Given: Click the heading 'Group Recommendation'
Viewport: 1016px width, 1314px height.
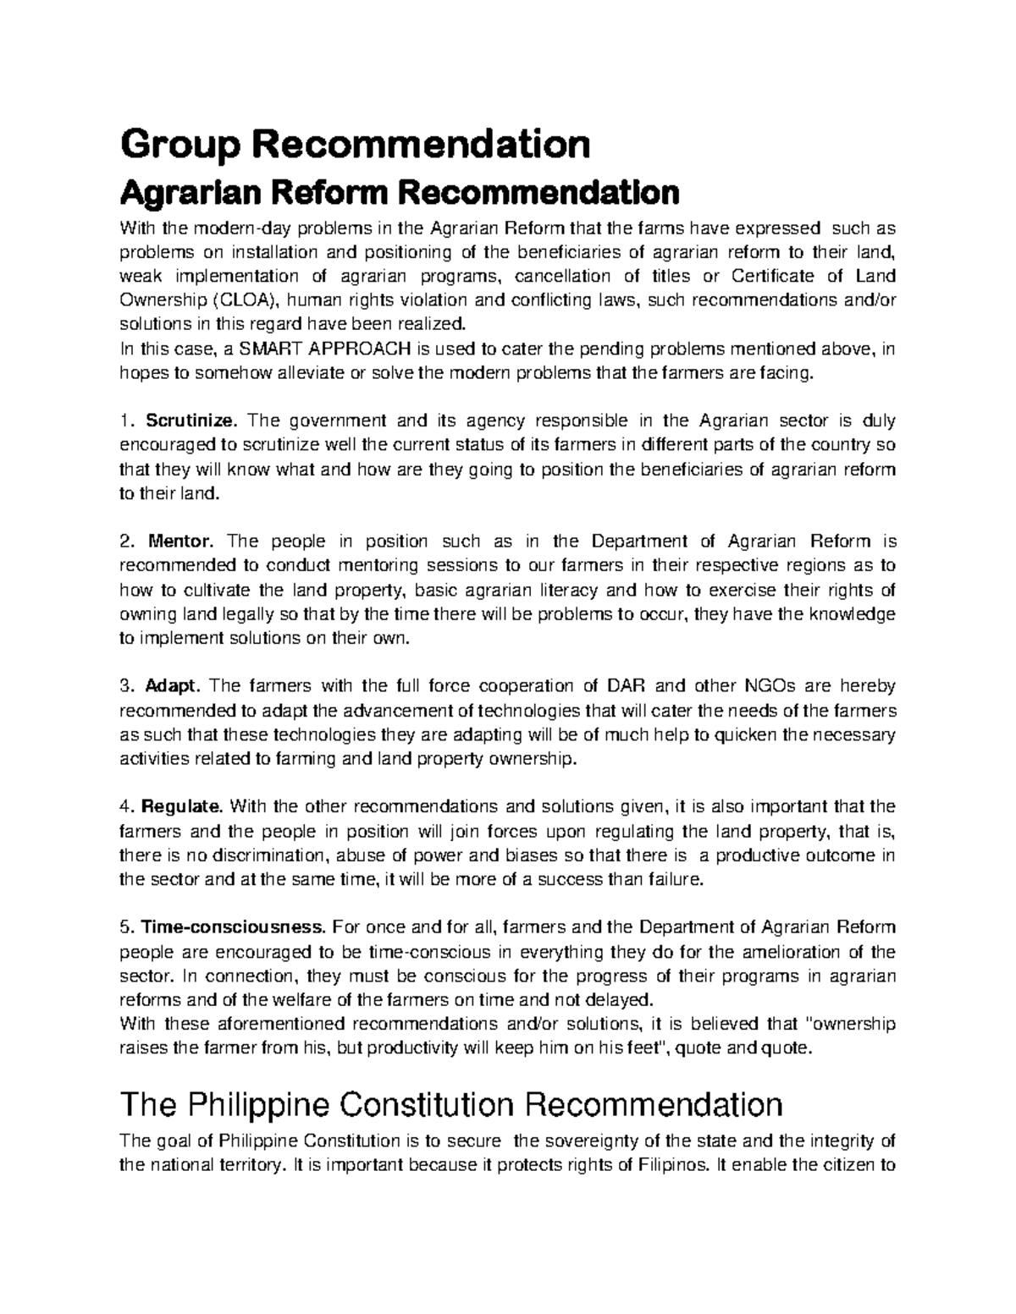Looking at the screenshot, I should coord(355,145).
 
